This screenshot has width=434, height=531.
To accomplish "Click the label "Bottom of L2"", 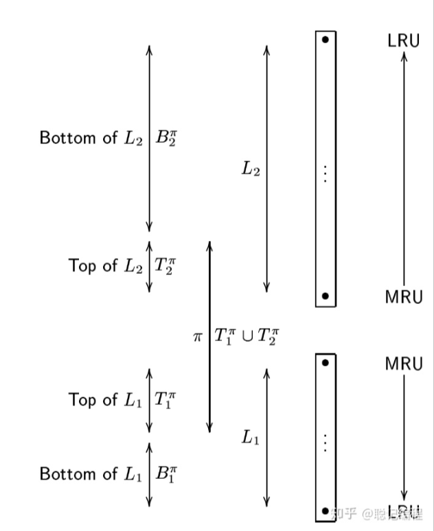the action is pos(91,138).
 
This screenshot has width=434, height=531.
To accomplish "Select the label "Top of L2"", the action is pos(106,265).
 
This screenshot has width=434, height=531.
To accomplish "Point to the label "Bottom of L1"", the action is pos(91,473).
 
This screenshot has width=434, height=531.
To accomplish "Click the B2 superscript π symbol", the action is pos(167,137).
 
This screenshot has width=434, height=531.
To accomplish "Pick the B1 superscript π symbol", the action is pos(167,473).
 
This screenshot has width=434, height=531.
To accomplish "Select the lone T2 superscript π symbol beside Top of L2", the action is pos(165,265).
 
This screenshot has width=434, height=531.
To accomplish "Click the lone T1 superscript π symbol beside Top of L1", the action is pos(165,399).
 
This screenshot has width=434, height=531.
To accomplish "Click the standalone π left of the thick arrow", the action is pos(198,337).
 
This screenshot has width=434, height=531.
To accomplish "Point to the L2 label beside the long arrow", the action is pos(251,169).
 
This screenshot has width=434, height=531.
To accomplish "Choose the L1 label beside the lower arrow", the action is pos(251,437).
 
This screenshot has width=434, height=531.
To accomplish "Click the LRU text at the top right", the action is pos(403,40).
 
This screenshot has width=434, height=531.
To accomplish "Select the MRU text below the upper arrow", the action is pos(404,297).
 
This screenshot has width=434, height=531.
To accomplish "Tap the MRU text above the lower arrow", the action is pos(404,364).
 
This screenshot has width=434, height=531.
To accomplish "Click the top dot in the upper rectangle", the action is pos(325,40).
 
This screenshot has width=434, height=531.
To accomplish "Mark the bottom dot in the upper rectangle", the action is pos(325,296).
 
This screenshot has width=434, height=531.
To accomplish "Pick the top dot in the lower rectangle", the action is pos(325,362).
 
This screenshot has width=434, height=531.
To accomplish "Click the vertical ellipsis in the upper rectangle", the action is pos(325,172).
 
